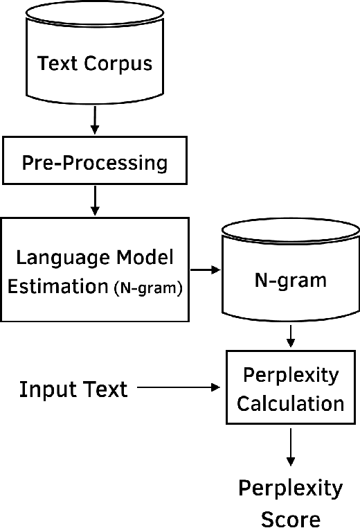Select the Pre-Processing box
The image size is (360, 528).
click(95, 164)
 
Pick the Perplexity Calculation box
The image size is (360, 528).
click(291, 388)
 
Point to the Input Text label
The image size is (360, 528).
click(73, 389)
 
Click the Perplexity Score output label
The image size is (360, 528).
click(291, 503)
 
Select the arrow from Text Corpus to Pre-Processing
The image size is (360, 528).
click(95, 121)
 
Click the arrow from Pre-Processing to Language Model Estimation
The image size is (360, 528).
click(95, 202)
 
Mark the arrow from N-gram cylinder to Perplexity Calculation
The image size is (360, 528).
click(291, 337)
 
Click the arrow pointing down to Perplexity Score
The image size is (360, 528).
click(291, 450)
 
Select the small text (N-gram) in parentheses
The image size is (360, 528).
click(147, 288)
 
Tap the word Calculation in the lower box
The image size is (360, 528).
click(291, 402)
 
